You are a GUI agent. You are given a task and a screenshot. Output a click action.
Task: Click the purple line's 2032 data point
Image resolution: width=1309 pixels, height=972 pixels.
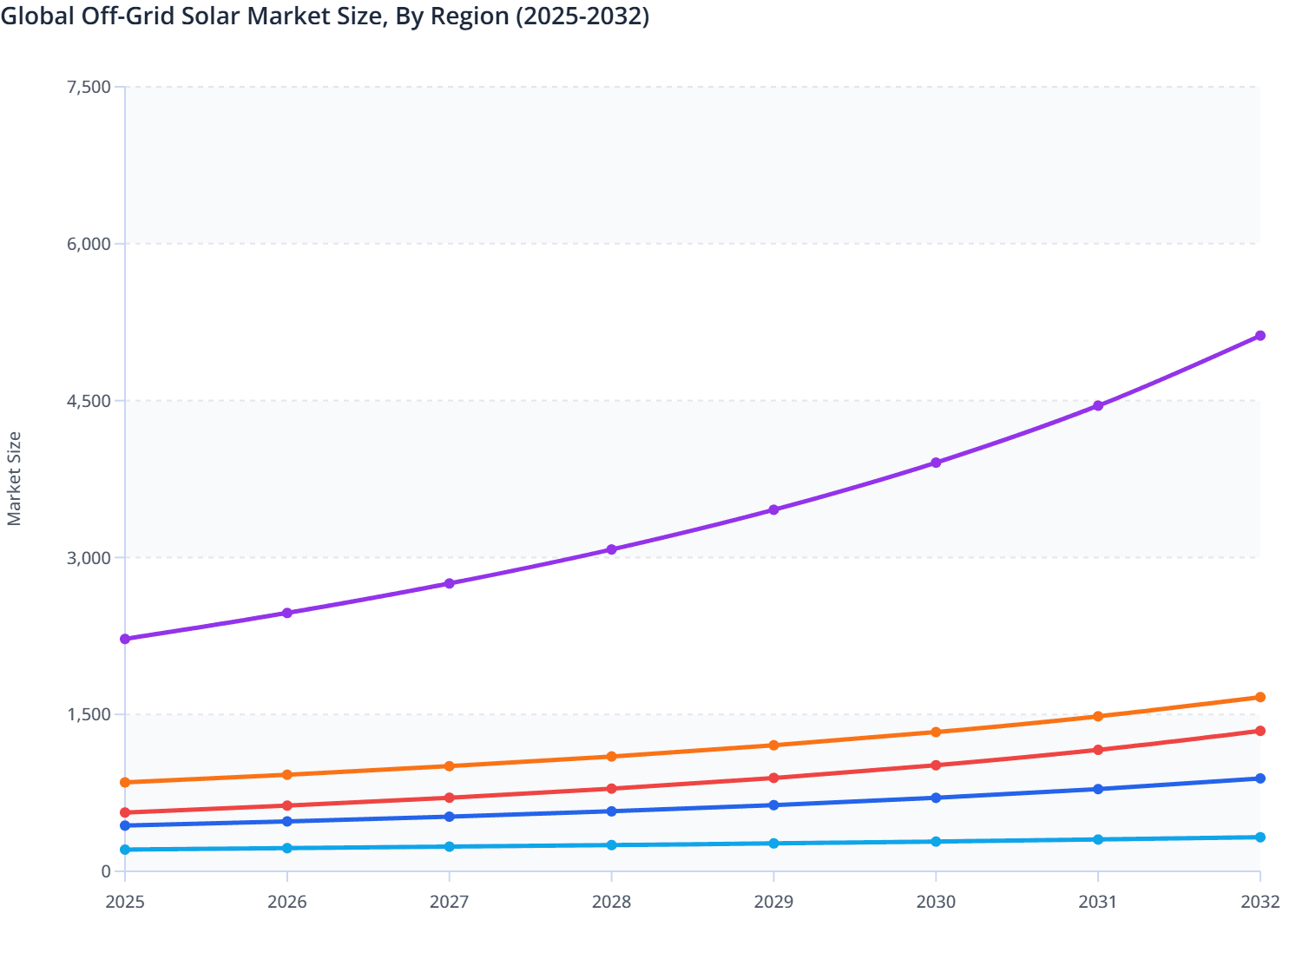pos(1260,336)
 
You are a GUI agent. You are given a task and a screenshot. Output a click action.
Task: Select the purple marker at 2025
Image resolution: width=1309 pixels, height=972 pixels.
pos(125,639)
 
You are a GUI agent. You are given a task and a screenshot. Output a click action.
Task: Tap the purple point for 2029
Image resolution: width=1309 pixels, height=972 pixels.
pos(773,510)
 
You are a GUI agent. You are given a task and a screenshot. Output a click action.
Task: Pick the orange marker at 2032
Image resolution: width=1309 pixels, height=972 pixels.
pos(1260,698)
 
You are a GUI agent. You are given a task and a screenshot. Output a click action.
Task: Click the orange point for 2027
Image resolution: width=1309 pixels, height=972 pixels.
pos(449,766)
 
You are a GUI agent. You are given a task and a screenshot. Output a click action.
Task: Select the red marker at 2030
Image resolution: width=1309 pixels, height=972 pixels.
pos(936,765)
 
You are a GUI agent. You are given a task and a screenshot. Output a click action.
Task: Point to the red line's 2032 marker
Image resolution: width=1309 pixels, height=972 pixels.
pos(1260,731)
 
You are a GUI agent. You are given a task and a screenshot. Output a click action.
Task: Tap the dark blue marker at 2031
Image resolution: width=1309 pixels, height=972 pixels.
pos(1098,789)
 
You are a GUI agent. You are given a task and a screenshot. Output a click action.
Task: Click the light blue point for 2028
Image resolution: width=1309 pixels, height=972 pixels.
pos(611,845)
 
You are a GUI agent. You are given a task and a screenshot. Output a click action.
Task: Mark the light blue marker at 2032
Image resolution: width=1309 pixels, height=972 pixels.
pos(1260,837)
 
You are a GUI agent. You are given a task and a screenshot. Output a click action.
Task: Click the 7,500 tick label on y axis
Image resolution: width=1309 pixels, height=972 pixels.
pos(89,87)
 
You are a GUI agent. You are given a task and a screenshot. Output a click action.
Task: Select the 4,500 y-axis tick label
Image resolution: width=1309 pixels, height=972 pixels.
pos(89,401)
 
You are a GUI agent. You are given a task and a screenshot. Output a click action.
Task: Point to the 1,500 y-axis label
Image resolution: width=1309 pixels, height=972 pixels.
pos(89,715)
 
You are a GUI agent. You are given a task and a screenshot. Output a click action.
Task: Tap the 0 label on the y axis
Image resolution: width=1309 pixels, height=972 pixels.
pos(105,871)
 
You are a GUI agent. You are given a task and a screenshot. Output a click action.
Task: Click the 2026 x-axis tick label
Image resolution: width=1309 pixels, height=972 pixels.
pos(286,903)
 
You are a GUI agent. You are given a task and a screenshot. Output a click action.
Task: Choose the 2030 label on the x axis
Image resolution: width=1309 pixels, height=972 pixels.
pos(936,903)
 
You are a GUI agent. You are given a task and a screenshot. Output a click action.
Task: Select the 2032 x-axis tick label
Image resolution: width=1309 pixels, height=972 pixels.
pos(1260,903)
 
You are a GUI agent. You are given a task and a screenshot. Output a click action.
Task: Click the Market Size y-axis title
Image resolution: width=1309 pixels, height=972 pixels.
pos(15,479)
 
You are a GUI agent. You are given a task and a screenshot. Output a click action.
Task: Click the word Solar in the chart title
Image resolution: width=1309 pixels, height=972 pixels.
pos(211,16)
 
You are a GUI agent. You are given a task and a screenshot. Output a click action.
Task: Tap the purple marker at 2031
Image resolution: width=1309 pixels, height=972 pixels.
pos(1098,406)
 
